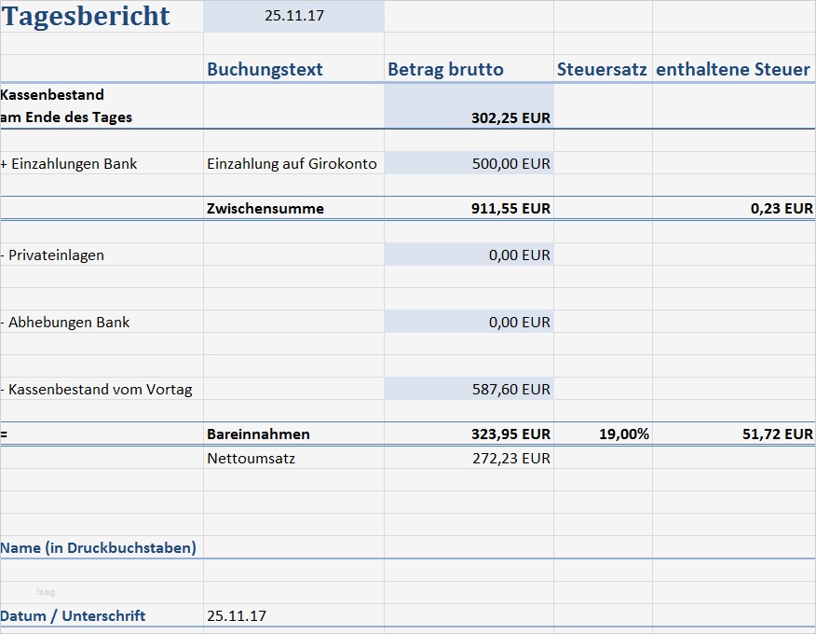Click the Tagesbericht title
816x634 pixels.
[86, 16]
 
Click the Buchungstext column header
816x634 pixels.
[265, 70]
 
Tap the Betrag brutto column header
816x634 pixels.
[445, 70]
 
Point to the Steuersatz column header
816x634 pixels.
[602, 70]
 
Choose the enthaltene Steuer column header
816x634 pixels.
[733, 70]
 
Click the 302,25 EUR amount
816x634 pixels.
[510, 118]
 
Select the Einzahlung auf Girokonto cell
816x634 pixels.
[292, 164]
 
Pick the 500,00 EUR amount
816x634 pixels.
[510, 164]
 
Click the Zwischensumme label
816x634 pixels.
[265, 209]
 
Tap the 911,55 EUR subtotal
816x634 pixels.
[510, 209]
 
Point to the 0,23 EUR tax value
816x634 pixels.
[782, 209]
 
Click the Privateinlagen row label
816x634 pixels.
[55, 255]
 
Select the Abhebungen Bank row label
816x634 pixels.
[67, 323]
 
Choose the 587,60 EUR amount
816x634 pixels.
[510, 390]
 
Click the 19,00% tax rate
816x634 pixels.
[624, 434]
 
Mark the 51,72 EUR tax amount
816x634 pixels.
[778, 434]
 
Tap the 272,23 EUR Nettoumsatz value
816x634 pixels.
[510, 459]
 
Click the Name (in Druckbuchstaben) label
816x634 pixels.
[98, 548]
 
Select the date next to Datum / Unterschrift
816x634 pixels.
[237, 616]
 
